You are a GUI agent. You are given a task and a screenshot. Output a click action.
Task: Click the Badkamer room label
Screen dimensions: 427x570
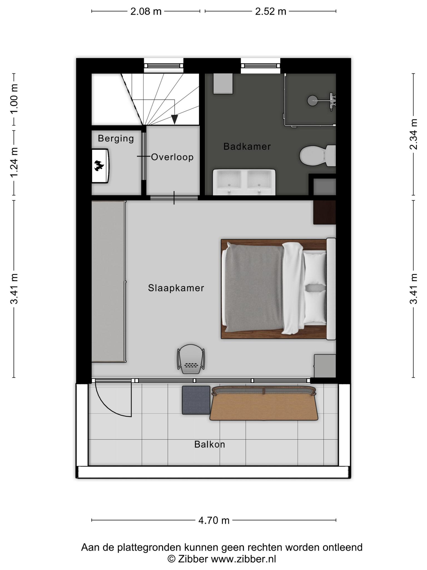pyautogui.click(x=247, y=146)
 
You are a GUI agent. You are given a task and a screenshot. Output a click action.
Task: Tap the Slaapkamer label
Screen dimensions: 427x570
pyautogui.click(x=176, y=288)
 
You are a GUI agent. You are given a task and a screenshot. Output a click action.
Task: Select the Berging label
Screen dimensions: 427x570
pyautogui.click(x=116, y=138)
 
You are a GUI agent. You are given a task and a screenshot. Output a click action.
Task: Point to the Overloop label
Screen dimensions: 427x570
pyautogui.click(x=172, y=157)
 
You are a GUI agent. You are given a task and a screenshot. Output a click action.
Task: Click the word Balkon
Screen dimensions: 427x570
pyautogui.click(x=210, y=444)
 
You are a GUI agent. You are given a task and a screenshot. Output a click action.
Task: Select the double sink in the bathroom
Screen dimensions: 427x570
pyautogui.click(x=244, y=182)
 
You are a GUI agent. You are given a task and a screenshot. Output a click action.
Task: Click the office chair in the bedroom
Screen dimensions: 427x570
pyautogui.click(x=191, y=359)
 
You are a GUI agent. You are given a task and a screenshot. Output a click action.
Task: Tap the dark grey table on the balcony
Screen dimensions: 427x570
pyautogui.click(x=196, y=400)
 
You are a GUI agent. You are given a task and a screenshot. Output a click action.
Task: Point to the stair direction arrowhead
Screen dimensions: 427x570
pyautogui.click(x=175, y=119)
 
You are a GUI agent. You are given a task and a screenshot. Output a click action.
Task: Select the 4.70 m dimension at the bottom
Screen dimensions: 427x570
pyautogui.click(x=214, y=520)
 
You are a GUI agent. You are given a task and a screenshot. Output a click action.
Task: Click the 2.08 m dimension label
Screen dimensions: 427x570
pyautogui.click(x=146, y=11)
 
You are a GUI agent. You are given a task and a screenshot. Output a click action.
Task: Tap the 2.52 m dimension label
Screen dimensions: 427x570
pyautogui.click(x=271, y=11)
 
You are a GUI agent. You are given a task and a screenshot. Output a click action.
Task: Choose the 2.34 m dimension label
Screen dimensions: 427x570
pyautogui.click(x=414, y=134)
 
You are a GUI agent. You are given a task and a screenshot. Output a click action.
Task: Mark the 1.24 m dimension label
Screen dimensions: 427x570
pyautogui.click(x=14, y=162)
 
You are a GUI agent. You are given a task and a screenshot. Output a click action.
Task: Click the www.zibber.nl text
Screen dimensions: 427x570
pyautogui.click(x=244, y=559)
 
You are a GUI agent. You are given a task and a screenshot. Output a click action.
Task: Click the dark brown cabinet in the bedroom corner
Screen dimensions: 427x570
pyautogui.click(x=325, y=212)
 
